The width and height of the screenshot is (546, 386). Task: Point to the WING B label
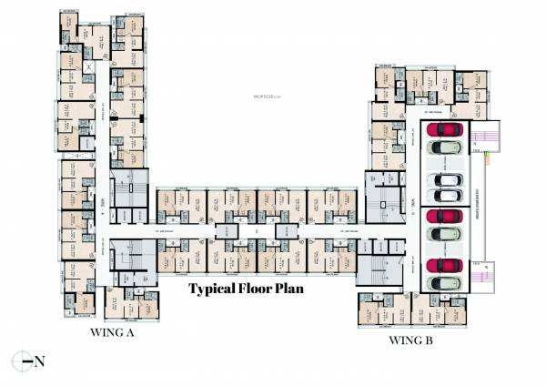pyautogui.click(x=411, y=340)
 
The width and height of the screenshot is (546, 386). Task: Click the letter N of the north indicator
pyautogui.click(x=40, y=361)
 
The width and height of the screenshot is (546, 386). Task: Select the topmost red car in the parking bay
pyautogui.click(x=446, y=129)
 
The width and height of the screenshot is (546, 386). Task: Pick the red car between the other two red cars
pyautogui.click(x=446, y=216)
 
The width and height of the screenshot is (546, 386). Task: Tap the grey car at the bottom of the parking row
pyautogui.click(x=446, y=282)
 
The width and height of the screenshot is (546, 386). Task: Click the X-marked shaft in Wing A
pyautogui.click(x=87, y=66)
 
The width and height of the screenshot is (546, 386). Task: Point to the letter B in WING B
pyautogui.click(x=428, y=340)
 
